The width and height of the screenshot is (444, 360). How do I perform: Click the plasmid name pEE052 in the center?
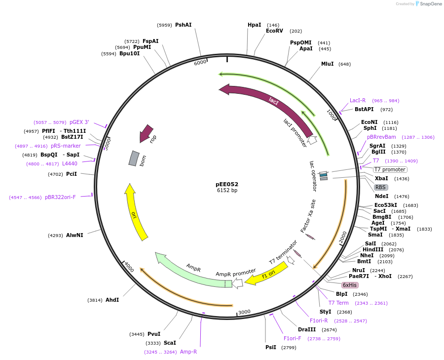coord(227,184)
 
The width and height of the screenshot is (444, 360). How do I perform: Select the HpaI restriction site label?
coord(254,25)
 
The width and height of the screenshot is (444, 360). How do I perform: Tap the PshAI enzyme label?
coord(183,25)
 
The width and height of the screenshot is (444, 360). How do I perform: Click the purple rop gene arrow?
coord(146,133)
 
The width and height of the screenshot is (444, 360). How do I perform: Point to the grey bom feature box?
coord(134,158)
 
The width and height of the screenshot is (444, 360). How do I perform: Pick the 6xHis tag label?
coord(350,285)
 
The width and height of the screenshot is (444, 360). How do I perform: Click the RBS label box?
coord(380,187)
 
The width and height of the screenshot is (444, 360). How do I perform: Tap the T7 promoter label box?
coord(390,169)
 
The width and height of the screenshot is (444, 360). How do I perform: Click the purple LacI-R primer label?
coord(358,100)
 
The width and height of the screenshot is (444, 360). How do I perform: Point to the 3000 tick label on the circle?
coord(245,312)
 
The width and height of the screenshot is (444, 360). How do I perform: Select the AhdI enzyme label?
coord(112,300)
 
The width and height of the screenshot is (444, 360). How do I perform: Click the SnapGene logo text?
coord(430,4)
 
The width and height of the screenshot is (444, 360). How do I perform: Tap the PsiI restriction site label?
coord(271,347)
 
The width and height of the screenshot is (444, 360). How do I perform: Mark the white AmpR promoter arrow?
coord(237,283)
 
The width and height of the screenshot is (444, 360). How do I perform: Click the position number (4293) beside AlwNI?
coord(55,236)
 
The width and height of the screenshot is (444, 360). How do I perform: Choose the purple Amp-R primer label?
coord(188,352)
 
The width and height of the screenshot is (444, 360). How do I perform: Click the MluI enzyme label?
coord(328,64)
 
